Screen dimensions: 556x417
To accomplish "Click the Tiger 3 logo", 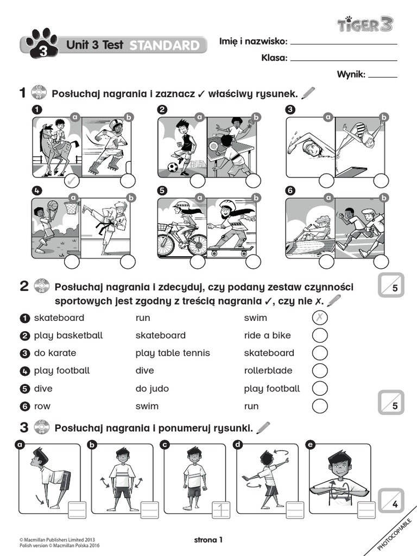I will coord(365,24).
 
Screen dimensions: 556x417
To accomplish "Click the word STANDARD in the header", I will coord(164,46).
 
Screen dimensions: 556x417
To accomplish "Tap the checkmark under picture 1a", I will coord(72,181).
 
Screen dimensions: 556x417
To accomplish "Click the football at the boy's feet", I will coord(173,167).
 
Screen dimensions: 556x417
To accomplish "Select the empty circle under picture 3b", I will coord(381,181).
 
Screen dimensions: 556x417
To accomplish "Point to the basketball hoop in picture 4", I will coord(71,206).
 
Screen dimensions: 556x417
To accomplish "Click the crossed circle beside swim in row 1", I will coord(320,318).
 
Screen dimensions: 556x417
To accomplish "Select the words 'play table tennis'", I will coord(173,353).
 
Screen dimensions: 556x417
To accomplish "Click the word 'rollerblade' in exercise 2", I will coord(268,370).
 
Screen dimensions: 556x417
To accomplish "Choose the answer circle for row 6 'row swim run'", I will coord(320,406).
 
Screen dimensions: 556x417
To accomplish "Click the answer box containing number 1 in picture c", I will coord(221,509).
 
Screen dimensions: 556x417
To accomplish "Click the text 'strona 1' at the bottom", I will coord(208,540).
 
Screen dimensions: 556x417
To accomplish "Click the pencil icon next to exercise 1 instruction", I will coord(307,93).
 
